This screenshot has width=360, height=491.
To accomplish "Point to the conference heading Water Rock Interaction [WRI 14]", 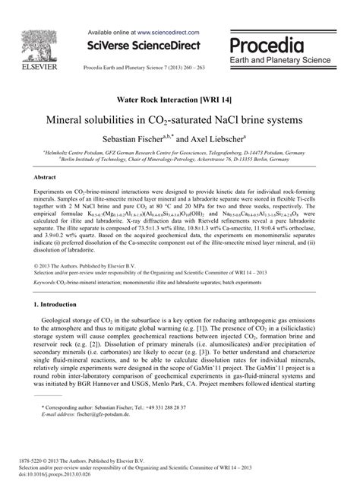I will coord(178,100).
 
